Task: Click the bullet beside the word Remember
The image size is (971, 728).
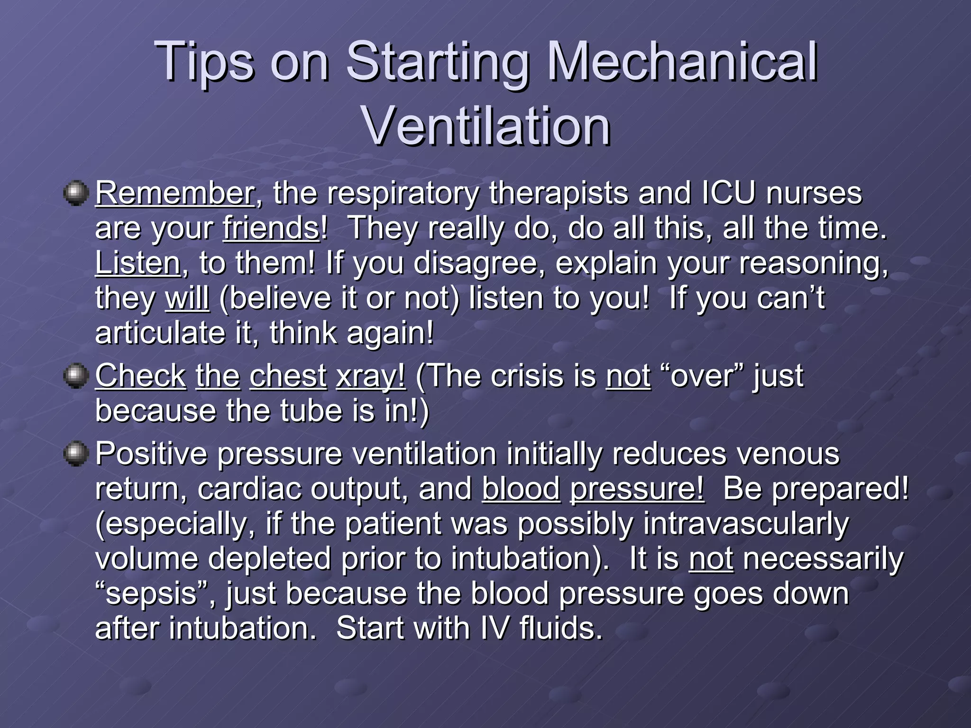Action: tap(75, 193)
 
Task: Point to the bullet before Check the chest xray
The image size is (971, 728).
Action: tap(75, 376)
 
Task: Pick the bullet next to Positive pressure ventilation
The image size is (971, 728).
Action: tap(75, 454)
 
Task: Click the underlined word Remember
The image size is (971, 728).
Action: tap(175, 193)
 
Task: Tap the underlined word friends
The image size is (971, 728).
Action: tap(271, 228)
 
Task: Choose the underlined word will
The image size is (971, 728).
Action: tap(187, 298)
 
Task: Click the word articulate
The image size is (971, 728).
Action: tap(160, 333)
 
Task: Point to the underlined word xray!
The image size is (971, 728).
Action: tap(371, 376)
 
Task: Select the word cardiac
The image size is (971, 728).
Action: tap(249, 489)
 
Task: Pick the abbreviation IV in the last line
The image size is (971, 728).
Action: tap(495, 628)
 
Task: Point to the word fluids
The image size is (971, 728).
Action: tap(561, 628)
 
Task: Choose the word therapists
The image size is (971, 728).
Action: tap(559, 193)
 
